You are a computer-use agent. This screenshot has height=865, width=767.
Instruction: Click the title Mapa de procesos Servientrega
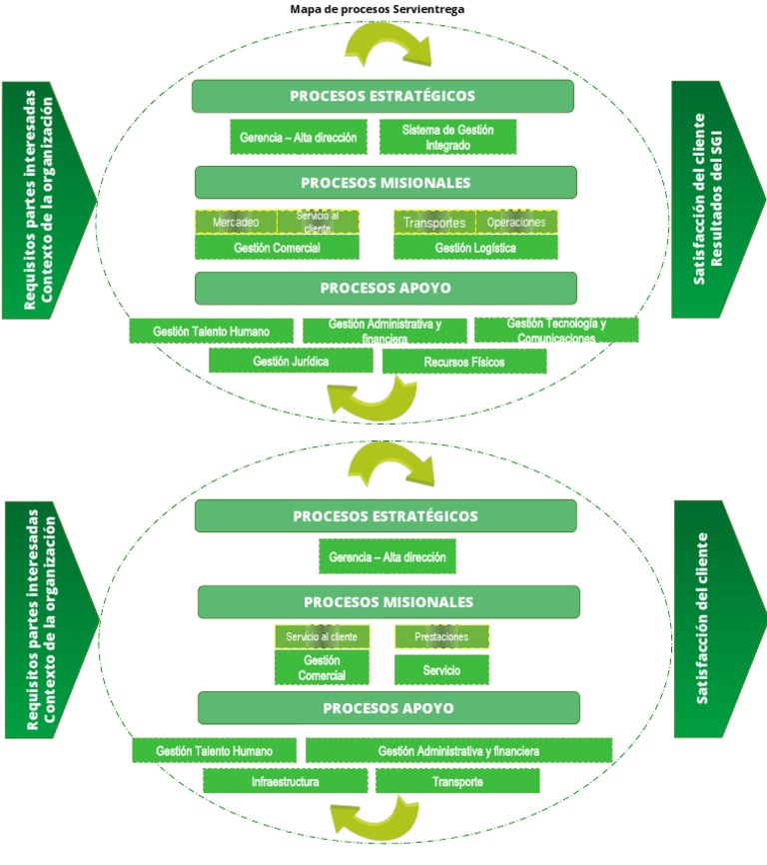(x=377, y=9)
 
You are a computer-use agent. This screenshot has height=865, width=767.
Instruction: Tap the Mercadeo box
(x=236, y=222)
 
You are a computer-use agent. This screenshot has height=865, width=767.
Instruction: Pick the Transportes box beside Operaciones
(x=434, y=222)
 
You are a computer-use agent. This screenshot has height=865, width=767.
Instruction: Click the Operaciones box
(x=516, y=222)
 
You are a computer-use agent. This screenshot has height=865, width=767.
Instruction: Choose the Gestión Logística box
(x=475, y=247)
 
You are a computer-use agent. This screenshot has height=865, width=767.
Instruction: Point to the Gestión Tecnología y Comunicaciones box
(x=556, y=330)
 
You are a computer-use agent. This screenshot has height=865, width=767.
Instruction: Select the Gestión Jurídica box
(x=291, y=361)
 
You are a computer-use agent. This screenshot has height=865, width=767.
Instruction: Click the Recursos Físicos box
(x=464, y=362)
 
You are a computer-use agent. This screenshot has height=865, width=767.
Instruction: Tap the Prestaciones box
(x=441, y=636)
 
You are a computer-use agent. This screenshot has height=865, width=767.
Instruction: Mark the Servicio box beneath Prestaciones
(x=441, y=670)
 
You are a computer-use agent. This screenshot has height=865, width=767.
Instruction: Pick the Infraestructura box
(x=286, y=781)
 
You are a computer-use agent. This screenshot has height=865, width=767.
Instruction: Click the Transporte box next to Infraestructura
(x=457, y=781)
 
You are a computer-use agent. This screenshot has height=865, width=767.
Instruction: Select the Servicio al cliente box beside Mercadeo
(x=318, y=222)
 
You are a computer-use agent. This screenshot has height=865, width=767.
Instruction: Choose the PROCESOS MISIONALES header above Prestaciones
(x=388, y=602)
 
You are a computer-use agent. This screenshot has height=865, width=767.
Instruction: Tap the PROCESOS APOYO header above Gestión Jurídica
(x=385, y=288)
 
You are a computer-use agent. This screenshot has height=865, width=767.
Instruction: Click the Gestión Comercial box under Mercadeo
(x=277, y=247)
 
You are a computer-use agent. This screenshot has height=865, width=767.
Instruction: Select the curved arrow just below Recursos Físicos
(x=371, y=400)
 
